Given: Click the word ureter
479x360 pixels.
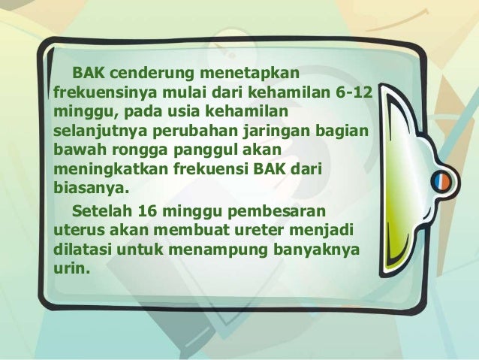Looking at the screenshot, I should click(254, 226).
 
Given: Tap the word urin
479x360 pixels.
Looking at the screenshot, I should click(70, 264).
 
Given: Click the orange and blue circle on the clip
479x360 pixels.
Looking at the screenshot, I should click(441, 182).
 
